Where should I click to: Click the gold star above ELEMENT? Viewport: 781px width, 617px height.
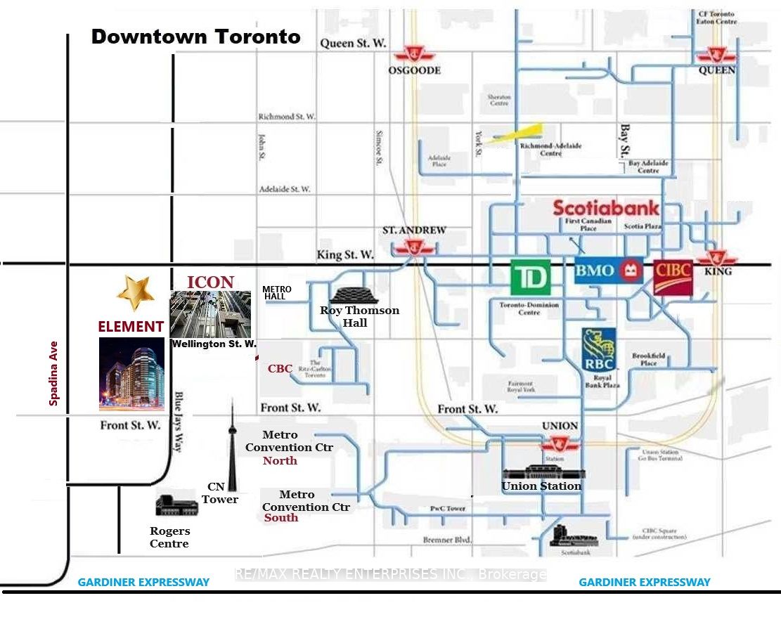tap(135, 292)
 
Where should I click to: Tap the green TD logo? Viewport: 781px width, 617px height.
tap(530, 278)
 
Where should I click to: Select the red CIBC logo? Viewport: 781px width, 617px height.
tap(673, 277)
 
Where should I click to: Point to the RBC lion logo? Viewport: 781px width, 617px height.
tap(599, 349)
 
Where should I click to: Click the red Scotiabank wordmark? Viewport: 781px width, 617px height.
tap(606, 208)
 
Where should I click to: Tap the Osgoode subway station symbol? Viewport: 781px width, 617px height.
tap(414, 56)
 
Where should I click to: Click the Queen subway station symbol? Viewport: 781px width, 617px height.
tap(716, 55)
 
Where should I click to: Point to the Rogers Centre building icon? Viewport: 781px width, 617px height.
tap(176, 505)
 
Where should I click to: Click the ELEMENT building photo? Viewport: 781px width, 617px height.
tap(131, 374)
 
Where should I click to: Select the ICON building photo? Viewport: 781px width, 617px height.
tap(210, 314)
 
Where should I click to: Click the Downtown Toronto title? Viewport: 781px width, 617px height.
tap(196, 37)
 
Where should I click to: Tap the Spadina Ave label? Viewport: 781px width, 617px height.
tap(53, 373)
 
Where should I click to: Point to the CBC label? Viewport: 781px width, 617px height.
tap(280, 369)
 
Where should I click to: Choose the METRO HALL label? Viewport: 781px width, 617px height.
tap(276, 293)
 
